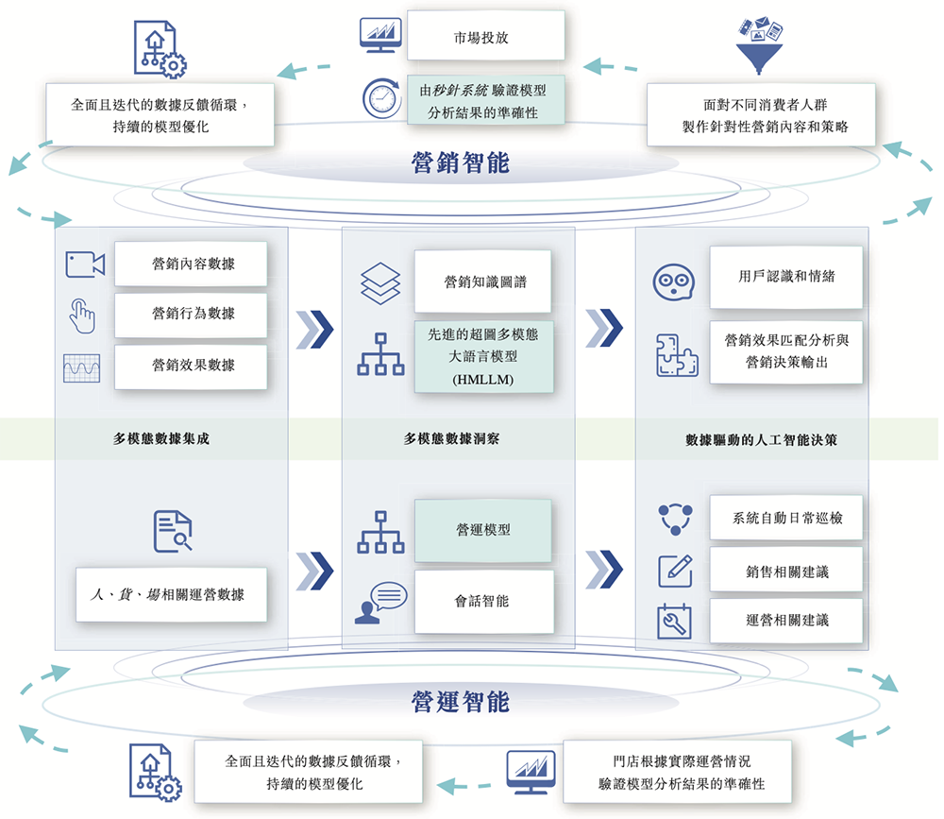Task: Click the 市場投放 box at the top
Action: click(485, 37)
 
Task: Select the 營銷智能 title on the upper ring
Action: click(461, 163)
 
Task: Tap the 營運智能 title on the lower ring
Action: click(461, 702)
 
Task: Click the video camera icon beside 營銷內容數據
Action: click(85, 264)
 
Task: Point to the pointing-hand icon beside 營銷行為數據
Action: click(81, 316)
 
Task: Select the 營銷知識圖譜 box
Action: click(483, 282)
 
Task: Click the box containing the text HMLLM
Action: click(483, 357)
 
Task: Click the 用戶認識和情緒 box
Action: click(785, 277)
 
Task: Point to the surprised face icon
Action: click(675, 282)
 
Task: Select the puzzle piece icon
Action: click(676, 356)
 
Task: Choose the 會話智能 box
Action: click(483, 601)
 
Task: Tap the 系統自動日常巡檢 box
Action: click(785, 519)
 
